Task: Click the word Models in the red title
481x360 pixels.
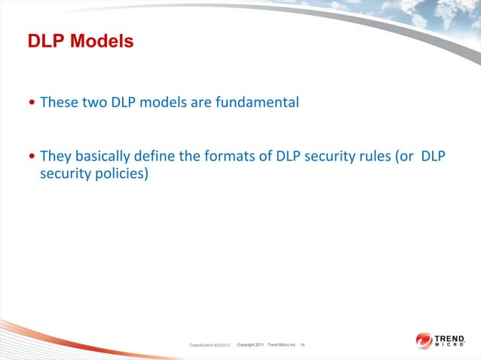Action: [102, 41]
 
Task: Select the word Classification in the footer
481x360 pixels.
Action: [200, 345]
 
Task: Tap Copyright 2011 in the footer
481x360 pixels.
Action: [250, 344]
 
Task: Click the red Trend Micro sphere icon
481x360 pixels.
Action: [423, 340]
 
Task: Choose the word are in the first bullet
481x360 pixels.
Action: [201, 102]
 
